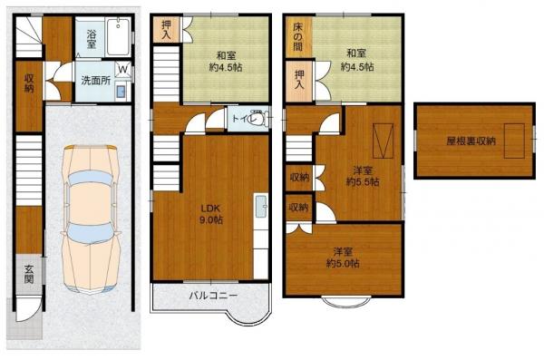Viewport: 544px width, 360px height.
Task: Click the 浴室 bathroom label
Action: (92, 38)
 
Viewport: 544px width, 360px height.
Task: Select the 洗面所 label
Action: (92, 80)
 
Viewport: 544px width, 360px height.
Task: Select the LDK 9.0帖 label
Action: (210, 211)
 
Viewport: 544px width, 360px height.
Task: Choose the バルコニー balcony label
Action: (214, 296)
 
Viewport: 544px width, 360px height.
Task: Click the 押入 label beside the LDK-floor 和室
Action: (167, 30)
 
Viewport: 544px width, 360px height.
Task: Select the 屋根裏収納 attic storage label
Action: (471, 141)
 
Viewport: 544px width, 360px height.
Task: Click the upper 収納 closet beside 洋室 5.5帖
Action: (297, 177)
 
